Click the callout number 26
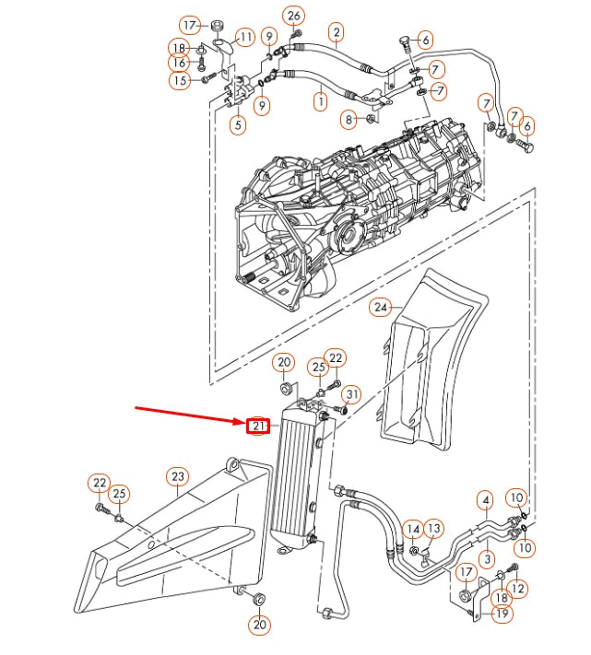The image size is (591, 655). pos(294,15)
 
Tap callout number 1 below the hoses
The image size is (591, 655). pos(320,101)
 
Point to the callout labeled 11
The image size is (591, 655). pos(244,38)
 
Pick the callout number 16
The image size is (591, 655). pos(178,62)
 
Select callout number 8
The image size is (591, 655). pos(348,119)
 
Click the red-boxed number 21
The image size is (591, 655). pos(259,426)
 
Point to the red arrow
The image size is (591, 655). pos(189,416)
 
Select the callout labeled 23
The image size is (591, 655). pos(177,476)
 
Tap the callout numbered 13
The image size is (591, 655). pos(433,528)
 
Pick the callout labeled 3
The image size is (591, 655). pos(485,558)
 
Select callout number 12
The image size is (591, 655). pos(518,588)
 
